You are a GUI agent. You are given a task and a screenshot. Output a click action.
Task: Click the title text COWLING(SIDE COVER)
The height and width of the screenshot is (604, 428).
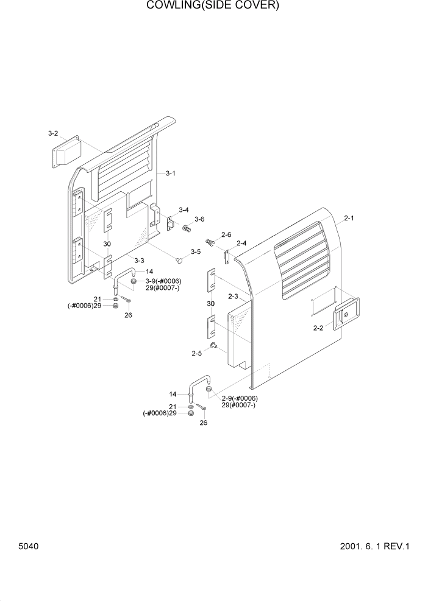(213, 6)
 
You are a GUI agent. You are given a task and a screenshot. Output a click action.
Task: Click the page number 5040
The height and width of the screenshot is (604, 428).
(29, 546)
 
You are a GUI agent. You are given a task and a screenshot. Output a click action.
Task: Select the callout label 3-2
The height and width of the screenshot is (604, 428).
(53, 133)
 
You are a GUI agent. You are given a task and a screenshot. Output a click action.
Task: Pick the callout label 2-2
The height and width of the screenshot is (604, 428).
(318, 328)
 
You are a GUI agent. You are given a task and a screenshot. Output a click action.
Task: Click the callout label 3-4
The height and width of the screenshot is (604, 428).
(183, 209)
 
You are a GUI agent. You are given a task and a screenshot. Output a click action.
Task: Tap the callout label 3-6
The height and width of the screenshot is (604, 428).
(199, 219)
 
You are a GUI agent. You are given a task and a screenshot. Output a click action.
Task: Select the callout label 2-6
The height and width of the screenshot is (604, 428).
(226, 234)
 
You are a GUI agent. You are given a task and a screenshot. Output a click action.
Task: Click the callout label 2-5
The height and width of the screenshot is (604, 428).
(196, 353)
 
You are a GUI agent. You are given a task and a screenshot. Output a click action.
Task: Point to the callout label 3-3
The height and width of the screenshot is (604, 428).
(139, 261)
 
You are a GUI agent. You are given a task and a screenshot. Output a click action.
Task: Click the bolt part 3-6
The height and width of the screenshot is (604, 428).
(186, 229)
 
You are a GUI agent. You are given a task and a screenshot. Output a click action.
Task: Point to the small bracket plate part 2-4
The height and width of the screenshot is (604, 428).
(227, 258)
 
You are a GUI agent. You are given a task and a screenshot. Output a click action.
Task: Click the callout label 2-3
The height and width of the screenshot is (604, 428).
(232, 297)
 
